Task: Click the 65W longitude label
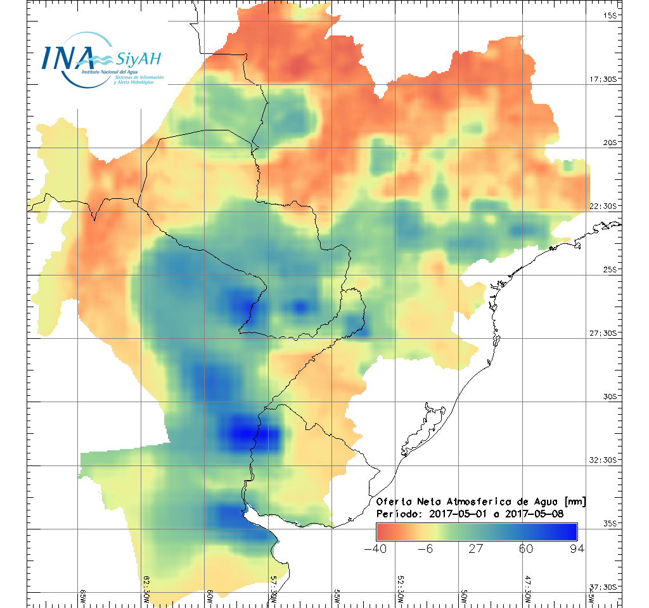click(83, 596)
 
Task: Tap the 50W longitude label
click(464, 596)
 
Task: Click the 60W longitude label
click(210, 596)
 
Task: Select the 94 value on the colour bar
click(576, 548)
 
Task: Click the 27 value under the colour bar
click(476, 548)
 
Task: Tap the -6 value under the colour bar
click(426, 548)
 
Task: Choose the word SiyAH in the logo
click(139, 60)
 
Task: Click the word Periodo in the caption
click(397, 514)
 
